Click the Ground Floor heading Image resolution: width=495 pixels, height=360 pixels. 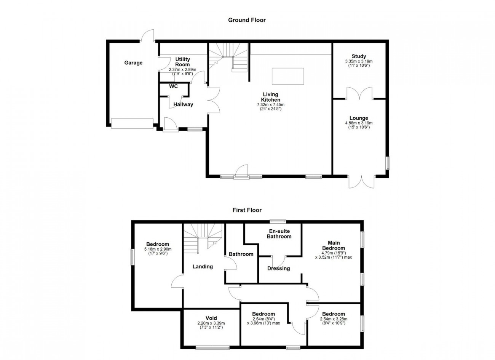(x=247, y=20)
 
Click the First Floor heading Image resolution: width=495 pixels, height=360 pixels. (x=247, y=210)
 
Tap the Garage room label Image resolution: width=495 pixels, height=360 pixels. (x=133, y=63)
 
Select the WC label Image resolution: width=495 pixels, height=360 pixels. (x=173, y=86)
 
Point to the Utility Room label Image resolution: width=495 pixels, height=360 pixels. (x=182, y=62)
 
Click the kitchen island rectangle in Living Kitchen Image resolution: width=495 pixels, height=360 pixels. (x=287, y=76)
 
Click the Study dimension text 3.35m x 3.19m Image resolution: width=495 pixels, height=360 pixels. (x=359, y=61)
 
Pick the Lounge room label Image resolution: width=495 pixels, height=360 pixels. (x=359, y=118)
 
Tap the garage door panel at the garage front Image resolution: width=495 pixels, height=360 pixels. (x=132, y=123)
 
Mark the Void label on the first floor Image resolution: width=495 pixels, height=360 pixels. (x=211, y=318)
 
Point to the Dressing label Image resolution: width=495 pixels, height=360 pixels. (x=279, y=268)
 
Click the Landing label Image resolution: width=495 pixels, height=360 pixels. (x=203, y=267)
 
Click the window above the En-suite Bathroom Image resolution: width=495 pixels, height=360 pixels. (x=278, y=221)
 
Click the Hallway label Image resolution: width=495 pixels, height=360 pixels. (x=183, y=104)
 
